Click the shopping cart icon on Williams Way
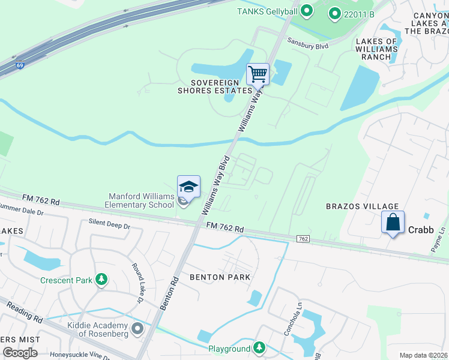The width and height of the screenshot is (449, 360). pyautogui.click(x=258, y=74)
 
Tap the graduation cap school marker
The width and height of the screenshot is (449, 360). pyautogui.click(x=188, y=187)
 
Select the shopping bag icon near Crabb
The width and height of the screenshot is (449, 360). pyautogui.click(x=393, y=222)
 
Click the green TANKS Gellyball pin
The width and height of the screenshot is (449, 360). pyautogui.click(x=307, y=10)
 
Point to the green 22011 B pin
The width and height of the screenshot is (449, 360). pyautogui.click(x=334, y=13)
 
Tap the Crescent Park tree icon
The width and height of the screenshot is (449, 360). pyautogui.click(x=102, y=279)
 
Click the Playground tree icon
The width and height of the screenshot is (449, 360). pyautogui.click(x=259, y=348)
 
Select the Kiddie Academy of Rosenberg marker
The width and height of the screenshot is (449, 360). pyautogui.click(x=137, y=328)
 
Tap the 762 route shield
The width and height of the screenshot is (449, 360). pyautogui.click(x=303, y=239)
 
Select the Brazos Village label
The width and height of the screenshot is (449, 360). pyautogui.click(x=354, y=206)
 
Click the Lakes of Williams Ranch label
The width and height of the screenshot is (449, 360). pyautogui.click(x=376, y=49)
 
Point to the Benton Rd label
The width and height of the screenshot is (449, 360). pyautogui.click(x=170, y=293)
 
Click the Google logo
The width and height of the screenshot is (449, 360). pyautogui.click(x=20, y=352)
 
